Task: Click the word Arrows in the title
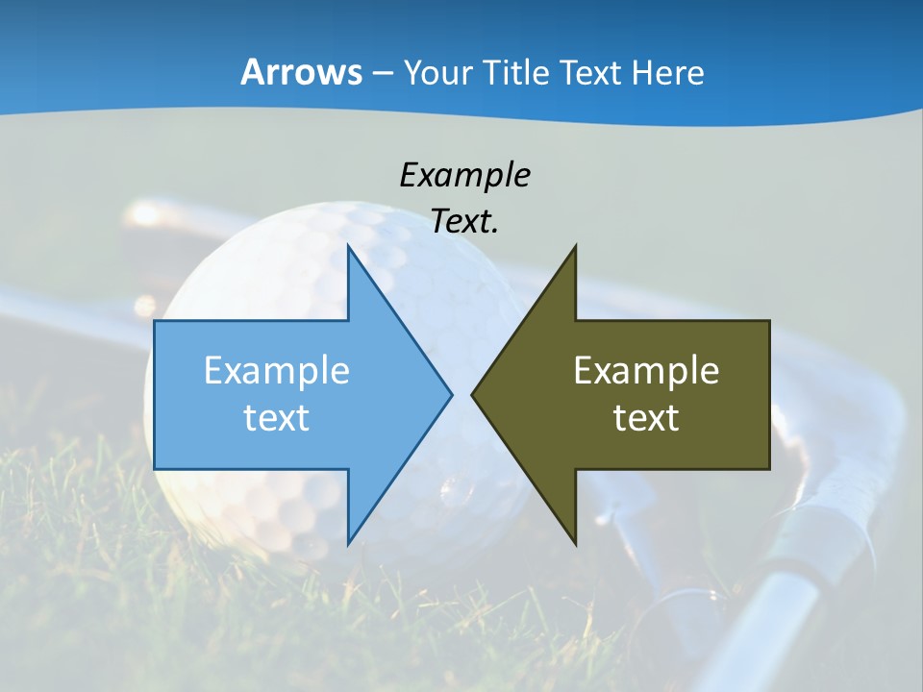pos(301,72)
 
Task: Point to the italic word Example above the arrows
pos(464,175)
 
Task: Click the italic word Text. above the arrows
pos(464,222)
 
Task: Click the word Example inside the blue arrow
pos(277,371)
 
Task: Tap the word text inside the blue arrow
pos(277,417)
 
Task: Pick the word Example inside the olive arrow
pos(646,371)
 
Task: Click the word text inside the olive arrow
pos(646,417)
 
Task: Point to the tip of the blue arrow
pos(450,394)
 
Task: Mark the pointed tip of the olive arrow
pos(473,394)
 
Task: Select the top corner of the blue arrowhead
pos(348,248)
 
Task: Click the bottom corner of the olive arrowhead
pos(575,543)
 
